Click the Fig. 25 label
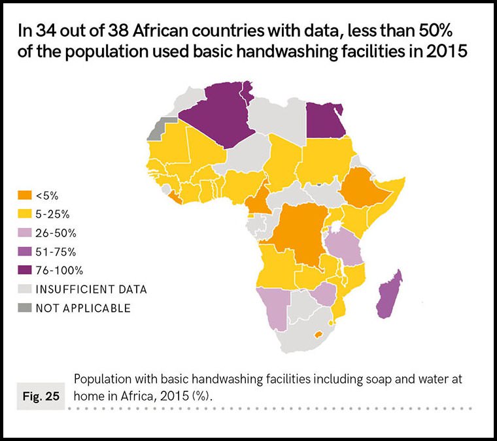point(40,397)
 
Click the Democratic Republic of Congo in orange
point(298,233)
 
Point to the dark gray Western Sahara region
point(158,128)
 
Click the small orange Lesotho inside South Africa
point(318,334)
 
